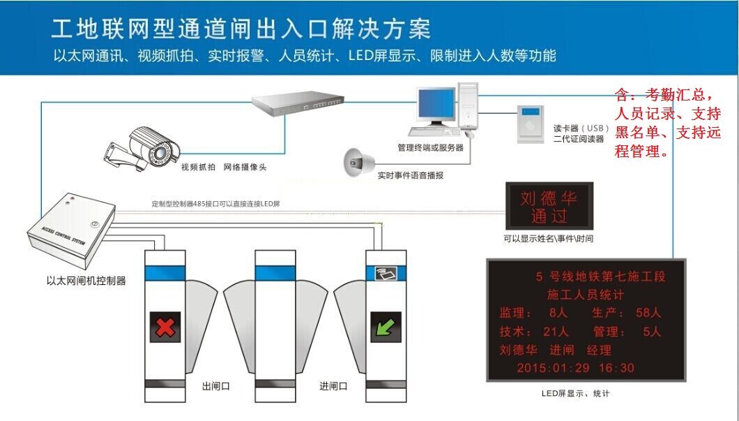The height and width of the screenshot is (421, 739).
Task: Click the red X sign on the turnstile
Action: coord(165,327)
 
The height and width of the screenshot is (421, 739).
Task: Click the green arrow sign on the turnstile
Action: coord(385,327)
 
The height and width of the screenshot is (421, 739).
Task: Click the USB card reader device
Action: coord(531,124)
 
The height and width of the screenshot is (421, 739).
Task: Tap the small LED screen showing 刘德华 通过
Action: coord(549,207)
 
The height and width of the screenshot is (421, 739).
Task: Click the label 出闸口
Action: coord(215,386)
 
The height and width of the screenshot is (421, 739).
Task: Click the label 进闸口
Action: coord(333,386)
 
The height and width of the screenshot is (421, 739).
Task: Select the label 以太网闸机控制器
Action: coord(85,281)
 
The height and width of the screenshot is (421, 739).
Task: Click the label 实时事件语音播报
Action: coord(410,175)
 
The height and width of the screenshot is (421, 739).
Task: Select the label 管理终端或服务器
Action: coord(430,147)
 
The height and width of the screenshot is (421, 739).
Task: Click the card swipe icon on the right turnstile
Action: coord(386,274)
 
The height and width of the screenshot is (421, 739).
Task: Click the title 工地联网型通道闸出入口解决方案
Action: coord(241,29)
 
